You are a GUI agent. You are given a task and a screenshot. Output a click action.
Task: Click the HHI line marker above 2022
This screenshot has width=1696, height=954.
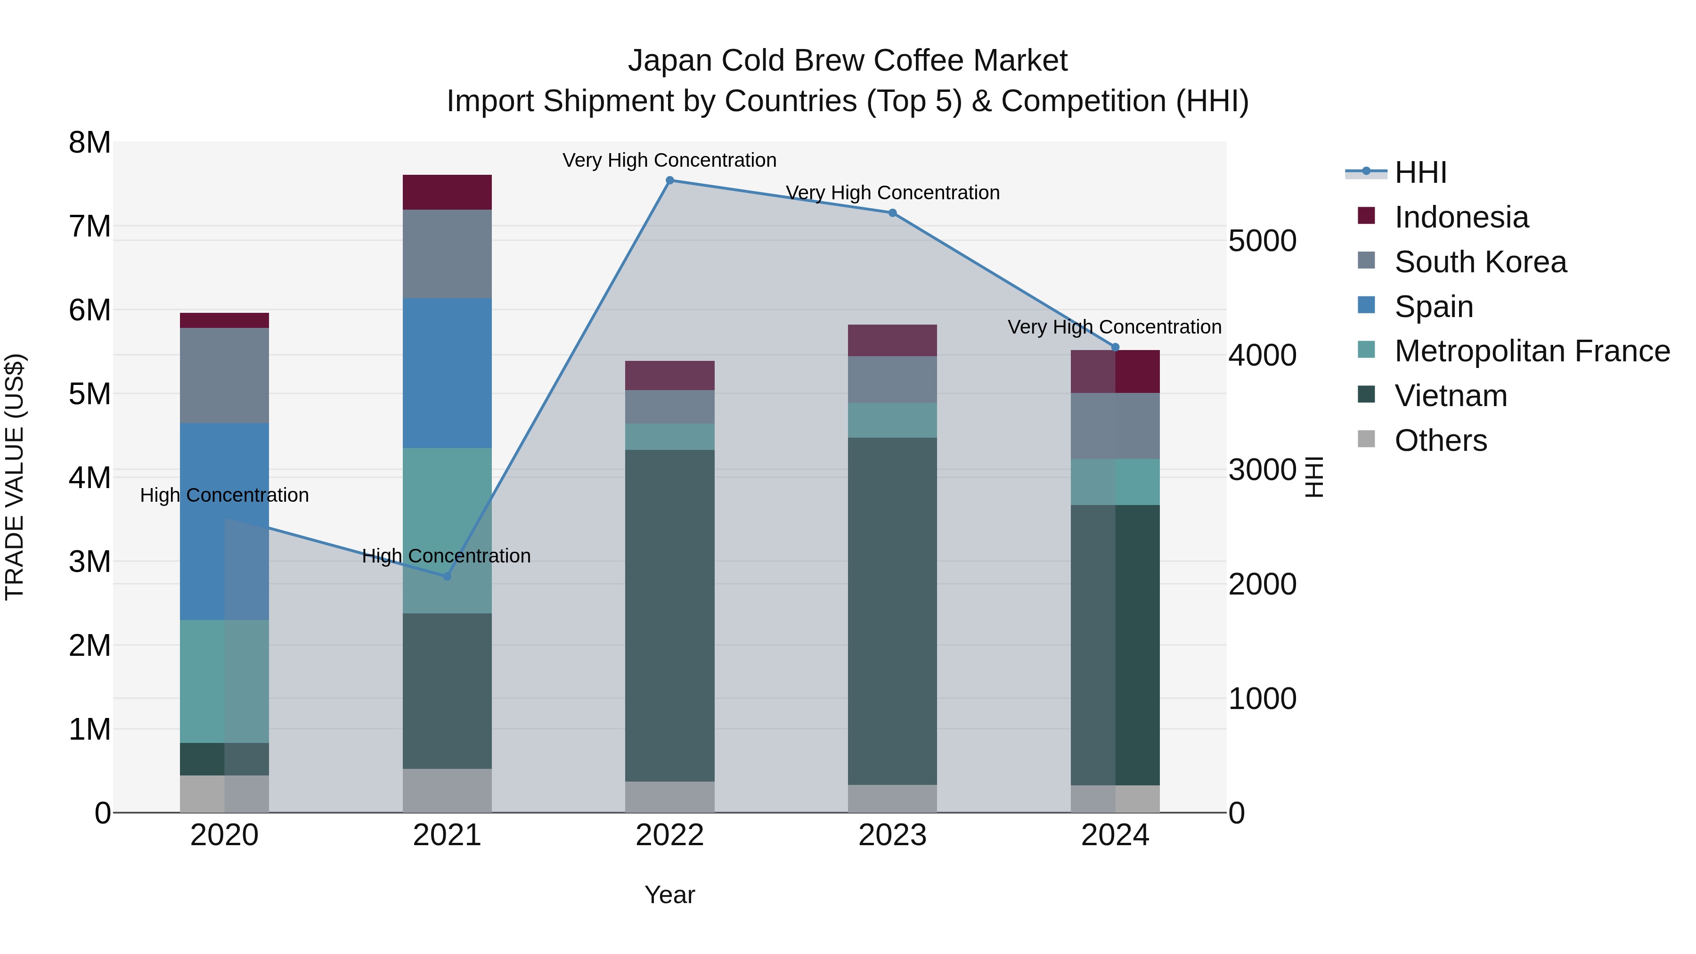[669, 180]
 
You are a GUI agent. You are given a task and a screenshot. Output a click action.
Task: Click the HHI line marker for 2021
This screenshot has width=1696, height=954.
[447, 576]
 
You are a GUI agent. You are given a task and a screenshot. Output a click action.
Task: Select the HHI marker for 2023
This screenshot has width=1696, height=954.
[892, 212]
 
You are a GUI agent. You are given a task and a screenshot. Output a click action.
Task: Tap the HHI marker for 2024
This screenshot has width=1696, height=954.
[1115, 347]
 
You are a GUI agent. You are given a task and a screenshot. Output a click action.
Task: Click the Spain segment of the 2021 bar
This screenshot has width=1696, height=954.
[447, 373]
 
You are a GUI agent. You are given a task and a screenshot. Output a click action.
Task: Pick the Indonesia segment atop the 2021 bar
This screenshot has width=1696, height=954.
[447, 192]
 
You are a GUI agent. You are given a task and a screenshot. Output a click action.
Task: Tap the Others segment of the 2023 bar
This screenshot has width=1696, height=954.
[892, 798]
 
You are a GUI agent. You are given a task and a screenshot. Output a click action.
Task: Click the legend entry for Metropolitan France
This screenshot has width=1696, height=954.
[1532, 351]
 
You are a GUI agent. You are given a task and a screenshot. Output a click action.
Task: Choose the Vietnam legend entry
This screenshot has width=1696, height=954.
[1451, 396]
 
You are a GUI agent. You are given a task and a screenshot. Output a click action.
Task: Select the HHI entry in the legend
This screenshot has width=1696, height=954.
[1420, 172]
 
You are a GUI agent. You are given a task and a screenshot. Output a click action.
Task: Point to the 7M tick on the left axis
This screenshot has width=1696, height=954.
[90, 226]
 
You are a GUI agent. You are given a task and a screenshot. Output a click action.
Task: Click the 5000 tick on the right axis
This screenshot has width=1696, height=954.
[1262, 240]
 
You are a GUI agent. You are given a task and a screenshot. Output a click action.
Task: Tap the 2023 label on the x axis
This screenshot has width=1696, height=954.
[892, 835]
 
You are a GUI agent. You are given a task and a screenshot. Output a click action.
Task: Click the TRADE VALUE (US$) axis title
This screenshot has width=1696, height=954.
[15, 477]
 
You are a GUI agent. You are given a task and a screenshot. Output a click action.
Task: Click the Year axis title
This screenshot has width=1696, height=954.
[669, 895]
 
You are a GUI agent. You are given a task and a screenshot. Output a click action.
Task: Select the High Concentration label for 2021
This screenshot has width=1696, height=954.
[447, 556]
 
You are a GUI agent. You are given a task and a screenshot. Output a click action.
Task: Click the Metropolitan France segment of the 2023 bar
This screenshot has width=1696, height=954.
[892, 420]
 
